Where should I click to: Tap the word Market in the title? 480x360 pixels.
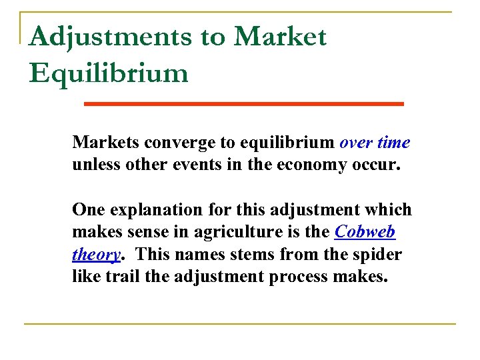(x=280, y=37)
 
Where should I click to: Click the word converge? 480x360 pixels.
(x=174, y=143)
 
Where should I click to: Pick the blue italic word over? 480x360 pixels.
(x=355, y=142)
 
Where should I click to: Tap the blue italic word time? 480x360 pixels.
(x=393, y=142)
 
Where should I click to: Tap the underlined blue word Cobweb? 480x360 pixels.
(x=365, y=231)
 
